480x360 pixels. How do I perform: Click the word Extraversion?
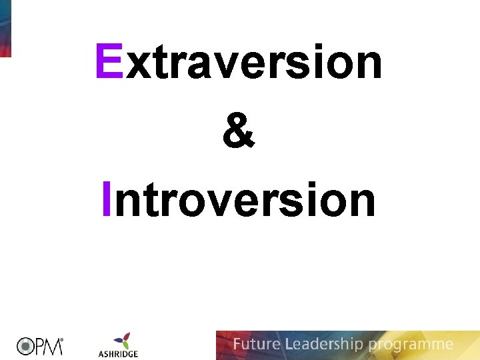239,61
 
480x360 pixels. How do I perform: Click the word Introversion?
239,199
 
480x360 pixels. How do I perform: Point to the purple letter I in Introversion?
107,199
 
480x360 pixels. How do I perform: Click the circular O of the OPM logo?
26,346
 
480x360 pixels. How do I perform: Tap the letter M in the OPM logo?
53,346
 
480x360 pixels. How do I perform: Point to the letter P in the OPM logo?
39,346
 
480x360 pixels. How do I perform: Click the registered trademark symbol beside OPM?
63,340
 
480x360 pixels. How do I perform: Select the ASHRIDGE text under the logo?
117,353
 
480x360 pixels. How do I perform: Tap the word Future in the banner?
256,345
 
